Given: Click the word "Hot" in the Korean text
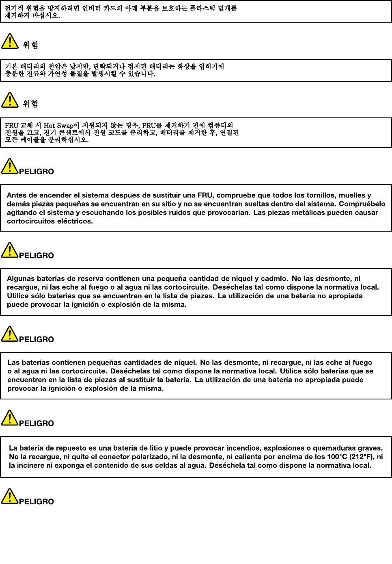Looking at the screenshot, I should click(49, 126).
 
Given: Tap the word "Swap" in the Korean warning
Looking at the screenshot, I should click(65, 126).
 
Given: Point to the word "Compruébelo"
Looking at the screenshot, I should click(362, 204).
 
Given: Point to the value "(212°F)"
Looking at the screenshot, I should click(362, 456).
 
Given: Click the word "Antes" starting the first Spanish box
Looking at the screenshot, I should click(17, 195).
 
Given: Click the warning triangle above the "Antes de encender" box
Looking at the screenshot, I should click(9, 166).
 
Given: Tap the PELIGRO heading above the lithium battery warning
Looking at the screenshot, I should click(36, 423).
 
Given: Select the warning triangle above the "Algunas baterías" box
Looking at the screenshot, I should click(9, 250).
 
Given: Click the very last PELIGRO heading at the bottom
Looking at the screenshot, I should click(36, 502).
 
